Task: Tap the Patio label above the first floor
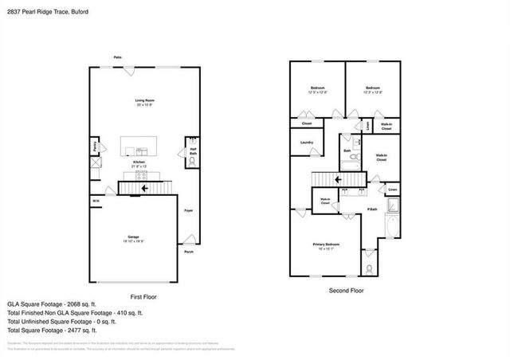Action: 117,57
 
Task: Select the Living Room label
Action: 143,100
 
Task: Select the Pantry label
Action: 94,147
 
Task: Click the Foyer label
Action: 189,210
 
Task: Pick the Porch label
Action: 189,252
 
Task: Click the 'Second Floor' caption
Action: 347,291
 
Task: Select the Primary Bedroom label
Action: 326,245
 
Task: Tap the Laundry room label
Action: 307,143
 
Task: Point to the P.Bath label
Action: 372,209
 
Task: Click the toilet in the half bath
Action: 191,161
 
